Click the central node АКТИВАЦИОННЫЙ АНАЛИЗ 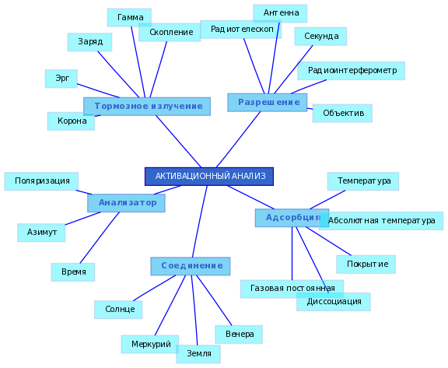tap(209, 177)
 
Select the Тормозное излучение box tap(147, 107)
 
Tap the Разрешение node tap(268, 102)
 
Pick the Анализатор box tap(126, 203)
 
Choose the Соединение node tap(191, 266)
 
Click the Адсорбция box tap(292, 218)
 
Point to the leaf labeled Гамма tap(129, 17)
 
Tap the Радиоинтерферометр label tap(352, 71)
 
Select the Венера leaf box tap(239, 335)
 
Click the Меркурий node tap(150, 345)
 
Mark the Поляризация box tap(41, 181)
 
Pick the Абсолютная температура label tap(381, 221)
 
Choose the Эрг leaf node tap(61, 79)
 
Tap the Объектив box tap(342, 114)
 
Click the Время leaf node tap(73, 272)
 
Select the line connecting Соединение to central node tap(200, 222)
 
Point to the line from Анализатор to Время tap(100, 238)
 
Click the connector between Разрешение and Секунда tap(293, 69)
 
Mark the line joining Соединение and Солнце tap(155, 288)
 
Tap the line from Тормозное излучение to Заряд tap(118, 74)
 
